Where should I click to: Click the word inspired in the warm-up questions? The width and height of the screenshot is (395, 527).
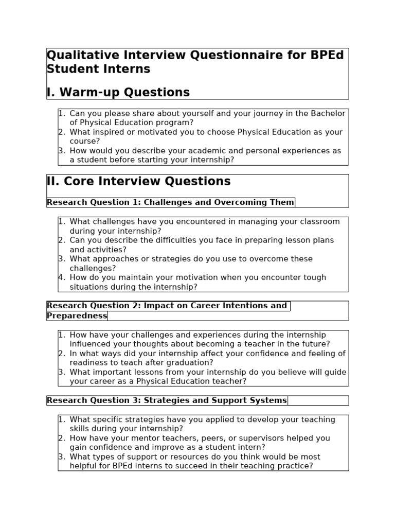click(x=107, y=132)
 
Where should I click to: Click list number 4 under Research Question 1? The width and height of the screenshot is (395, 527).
click(x=61, y=277)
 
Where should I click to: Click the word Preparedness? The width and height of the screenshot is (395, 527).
click(x=77, y=315)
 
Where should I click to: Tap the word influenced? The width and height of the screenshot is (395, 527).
click(x=91, y=344)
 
